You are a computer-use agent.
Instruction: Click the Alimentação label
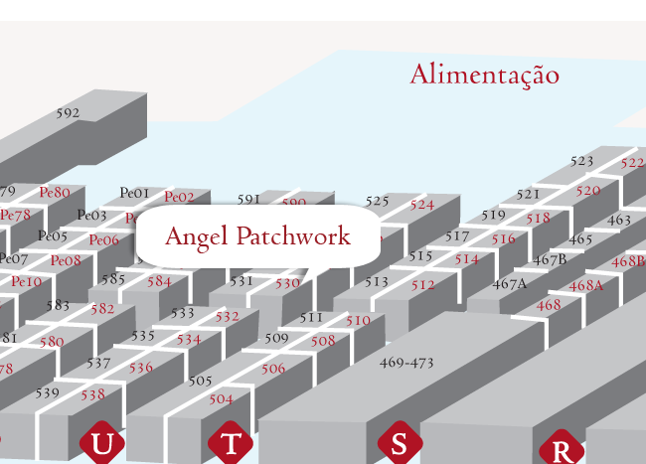point(484,75)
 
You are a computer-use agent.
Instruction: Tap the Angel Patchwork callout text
point(257,236)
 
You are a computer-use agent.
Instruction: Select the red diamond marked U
point(101,443)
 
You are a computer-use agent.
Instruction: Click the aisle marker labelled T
point(231,443)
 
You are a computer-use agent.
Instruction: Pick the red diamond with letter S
point(399,443)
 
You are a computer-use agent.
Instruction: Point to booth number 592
point(68,113)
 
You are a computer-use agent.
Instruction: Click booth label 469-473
point(406,363)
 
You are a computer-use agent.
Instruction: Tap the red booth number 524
point(422,205)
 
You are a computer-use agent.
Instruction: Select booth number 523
point(582,161)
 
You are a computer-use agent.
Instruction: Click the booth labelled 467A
point(509,283)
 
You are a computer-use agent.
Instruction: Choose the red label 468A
point(586,285)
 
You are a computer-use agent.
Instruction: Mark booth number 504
point(221,399)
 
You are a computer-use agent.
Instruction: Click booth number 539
point(48,392)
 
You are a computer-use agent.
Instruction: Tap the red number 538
point(92,394)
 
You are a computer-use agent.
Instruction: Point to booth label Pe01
point(134,193)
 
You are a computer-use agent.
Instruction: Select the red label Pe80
point(55,192)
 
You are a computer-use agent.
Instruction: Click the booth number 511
point(311,318)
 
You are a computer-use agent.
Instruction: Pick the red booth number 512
point(423,285)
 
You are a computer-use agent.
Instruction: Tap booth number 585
point(113,279)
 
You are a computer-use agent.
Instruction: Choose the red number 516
point(504,239)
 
